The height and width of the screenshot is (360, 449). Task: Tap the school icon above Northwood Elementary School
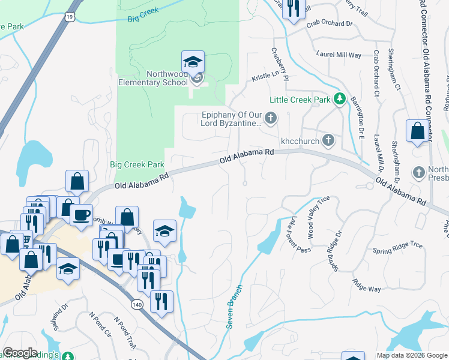coord(193,61)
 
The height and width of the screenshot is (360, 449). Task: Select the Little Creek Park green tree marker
coord(340,98)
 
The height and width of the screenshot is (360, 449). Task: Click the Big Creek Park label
coord(137,164)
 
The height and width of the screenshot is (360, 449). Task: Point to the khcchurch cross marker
coord(328,140)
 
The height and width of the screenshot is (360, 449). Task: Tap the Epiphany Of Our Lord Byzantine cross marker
coord(271,118)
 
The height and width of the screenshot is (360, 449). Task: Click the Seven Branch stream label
coord(234,306)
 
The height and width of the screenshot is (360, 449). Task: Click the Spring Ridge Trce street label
coord(397,247)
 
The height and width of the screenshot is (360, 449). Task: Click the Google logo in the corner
coord(20,353)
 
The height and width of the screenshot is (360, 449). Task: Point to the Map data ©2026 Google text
coord(411,355)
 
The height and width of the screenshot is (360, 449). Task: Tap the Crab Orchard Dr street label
coord(329,23)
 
